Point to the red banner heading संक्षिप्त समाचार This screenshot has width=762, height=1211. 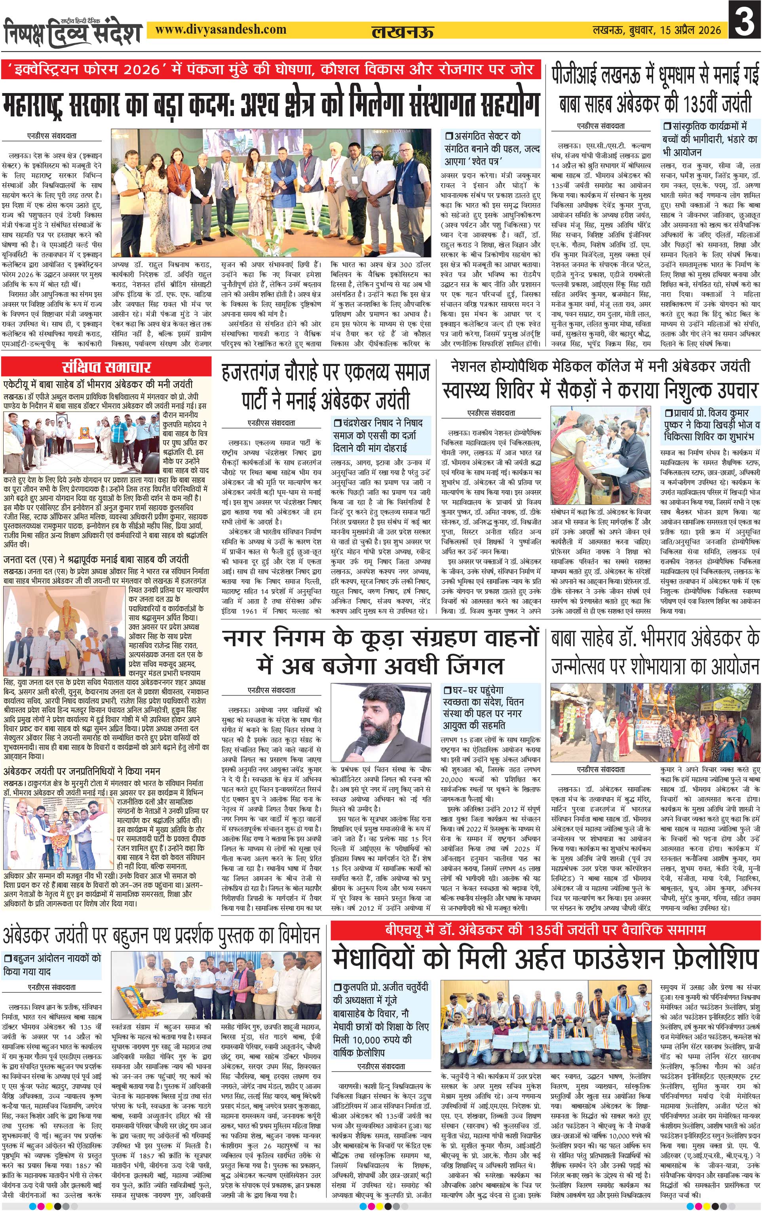tap(106, 367)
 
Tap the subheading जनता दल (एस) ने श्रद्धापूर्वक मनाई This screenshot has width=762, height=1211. tap(96, 559)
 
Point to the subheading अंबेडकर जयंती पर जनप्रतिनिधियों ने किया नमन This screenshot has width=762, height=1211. tap(82, 771)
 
